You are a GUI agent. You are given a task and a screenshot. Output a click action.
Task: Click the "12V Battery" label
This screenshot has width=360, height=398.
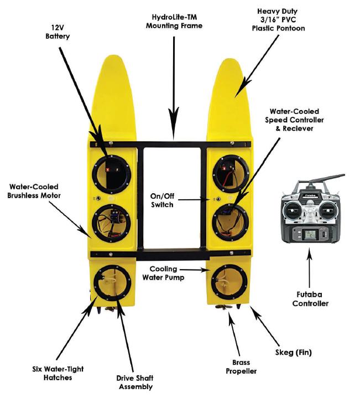(57, 32)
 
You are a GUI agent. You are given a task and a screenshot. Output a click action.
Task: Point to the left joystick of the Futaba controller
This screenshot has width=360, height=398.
(293, 210)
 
